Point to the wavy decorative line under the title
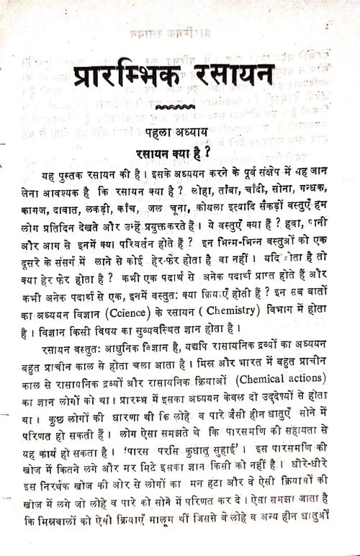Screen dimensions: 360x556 pos(175,109)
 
